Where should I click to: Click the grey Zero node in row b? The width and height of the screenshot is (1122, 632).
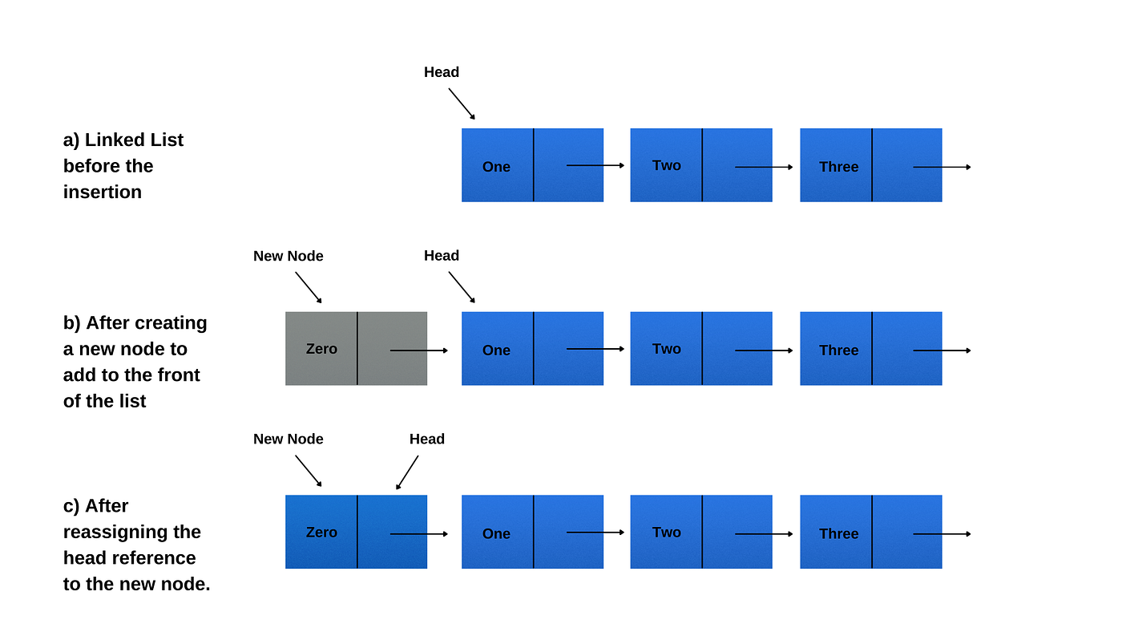(x=356, y=349)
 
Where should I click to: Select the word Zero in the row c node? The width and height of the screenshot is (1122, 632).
(x=321, y=533)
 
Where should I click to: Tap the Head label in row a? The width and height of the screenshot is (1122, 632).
(x=442, y=72)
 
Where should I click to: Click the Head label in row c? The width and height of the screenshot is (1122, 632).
(x=427, y=439)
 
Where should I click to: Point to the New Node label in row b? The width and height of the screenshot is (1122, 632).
(x=289, y=256)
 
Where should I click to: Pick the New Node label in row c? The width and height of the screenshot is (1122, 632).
(x=289, y=439)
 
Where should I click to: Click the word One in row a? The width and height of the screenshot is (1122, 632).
(x=496, y=167)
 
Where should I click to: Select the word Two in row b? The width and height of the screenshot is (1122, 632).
(x=667, y=349)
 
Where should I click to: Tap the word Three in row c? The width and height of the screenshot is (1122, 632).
(x=838, y=534)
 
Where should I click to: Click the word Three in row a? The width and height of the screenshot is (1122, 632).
(x=838, y=167)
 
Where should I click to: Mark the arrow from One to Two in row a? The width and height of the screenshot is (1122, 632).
(x=595, y=165)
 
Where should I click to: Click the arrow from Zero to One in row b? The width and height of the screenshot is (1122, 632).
(x=418, y=350)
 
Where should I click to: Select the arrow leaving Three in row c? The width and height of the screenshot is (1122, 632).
(x=942, y=534)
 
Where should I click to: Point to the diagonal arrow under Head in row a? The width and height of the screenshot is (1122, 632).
(x=462, y=103)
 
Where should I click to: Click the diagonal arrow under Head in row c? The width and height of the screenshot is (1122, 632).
(x=407, y=472)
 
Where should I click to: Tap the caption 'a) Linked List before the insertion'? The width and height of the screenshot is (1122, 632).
(x=123, y=166)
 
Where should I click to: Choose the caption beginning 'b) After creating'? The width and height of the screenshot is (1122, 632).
(x=135, y=362)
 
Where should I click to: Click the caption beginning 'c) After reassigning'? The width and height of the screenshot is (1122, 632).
(x=136, y=545)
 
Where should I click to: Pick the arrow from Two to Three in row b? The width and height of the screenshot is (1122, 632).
(x=764, y=350)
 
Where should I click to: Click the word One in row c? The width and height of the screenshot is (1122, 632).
(x=496, y=534)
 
